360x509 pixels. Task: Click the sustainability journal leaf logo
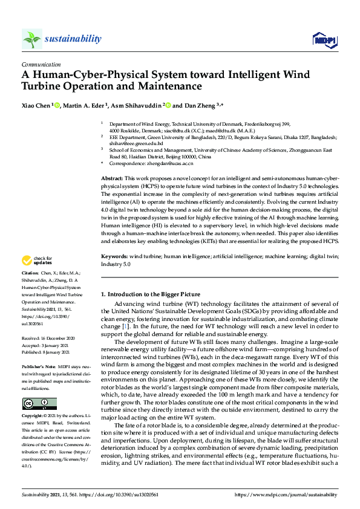pyautogui.click(x=31, y=39)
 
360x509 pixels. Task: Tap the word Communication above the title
pyautogui.click(x=41, y=64)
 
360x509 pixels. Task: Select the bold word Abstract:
pyautogui.click(x=112, y=180)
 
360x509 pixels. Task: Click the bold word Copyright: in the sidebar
pyautogui.click(x=33, y=417)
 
